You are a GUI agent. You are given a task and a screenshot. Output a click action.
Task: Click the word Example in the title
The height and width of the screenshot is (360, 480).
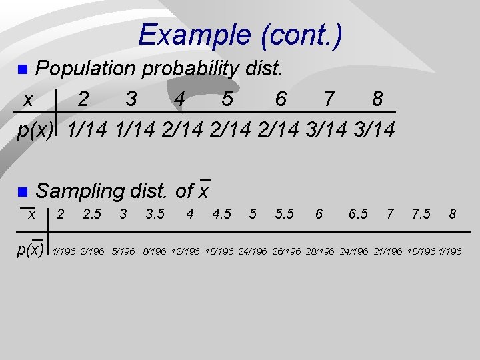(190, 35)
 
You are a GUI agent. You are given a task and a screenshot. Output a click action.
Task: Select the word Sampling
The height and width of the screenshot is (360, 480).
(81, 191)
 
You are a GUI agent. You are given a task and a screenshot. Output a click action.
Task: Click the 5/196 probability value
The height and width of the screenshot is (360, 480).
(124, 252)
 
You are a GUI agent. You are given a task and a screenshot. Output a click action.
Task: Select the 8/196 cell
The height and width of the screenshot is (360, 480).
(155, 252)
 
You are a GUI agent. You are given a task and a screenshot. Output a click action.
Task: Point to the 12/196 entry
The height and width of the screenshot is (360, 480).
(186, 252)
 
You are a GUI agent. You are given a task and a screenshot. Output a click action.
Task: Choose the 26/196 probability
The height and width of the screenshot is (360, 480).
(287, 252)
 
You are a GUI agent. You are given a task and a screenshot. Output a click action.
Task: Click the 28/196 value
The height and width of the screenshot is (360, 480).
(321, 252)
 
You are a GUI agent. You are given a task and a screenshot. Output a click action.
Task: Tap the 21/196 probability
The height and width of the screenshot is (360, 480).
(387, 252)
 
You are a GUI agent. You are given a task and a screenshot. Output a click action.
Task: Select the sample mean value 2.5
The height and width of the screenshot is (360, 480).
(92, 215)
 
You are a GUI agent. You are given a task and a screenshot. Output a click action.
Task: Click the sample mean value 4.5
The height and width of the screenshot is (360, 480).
(221, 215)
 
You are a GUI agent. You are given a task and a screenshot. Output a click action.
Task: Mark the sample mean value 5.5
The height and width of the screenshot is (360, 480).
(285, 215)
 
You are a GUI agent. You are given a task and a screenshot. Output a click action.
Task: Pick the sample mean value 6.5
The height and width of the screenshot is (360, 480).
(358, 215)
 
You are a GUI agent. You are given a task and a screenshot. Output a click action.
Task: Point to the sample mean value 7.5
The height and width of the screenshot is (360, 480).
(421, 215)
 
